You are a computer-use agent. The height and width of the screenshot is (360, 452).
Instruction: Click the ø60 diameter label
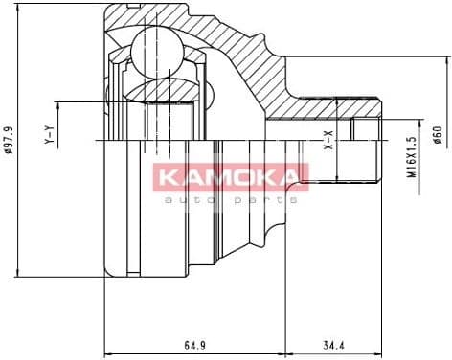437,134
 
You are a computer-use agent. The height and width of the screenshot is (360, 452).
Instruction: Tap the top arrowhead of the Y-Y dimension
59,101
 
